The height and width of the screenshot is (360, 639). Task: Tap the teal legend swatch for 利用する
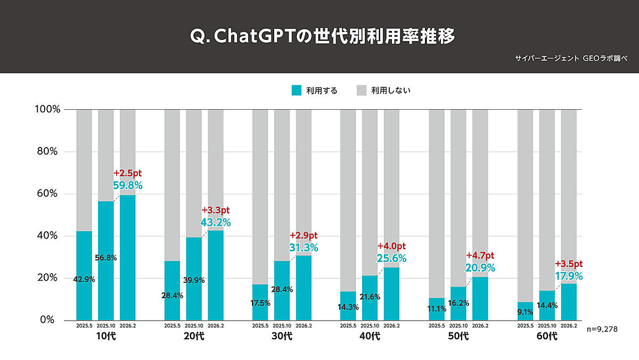tap(297, 91)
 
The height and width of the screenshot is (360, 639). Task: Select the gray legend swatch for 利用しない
tap(362, 91)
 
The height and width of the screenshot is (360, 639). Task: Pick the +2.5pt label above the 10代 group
tap(128, 174)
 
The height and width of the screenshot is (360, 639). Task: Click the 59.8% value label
tap(128, 185)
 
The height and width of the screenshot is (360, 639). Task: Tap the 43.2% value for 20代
tap(216, 222)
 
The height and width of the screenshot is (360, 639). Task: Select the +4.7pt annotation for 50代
tap(480, 256)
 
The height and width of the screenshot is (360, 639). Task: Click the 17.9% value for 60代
tap(569, 276)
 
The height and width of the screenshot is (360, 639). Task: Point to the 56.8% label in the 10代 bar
tap(106, 258)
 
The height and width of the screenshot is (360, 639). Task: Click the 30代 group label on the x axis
tap(282, 336)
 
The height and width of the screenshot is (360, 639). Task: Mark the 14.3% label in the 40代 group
tap(348, 307)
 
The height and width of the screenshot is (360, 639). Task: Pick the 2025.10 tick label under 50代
tap(458, 325)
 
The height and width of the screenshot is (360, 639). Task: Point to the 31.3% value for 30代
tap(304, 247)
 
